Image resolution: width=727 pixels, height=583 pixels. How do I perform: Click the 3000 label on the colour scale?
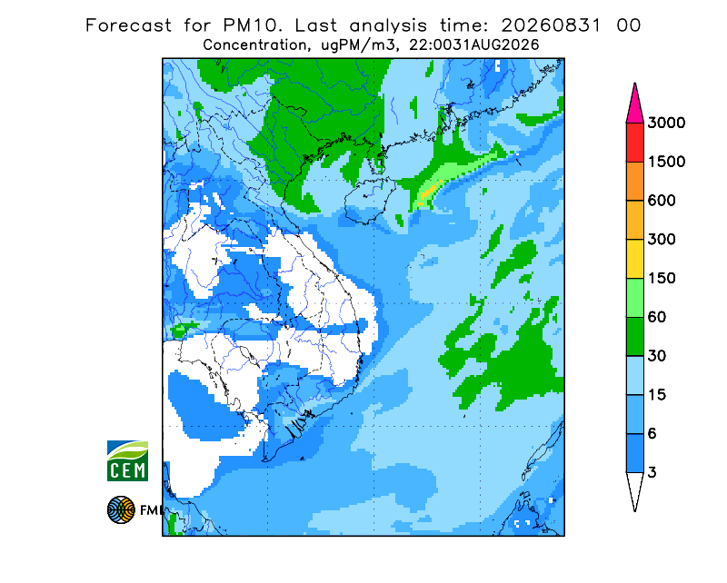(666, 123)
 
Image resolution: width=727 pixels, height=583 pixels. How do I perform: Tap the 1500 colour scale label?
(666, 162)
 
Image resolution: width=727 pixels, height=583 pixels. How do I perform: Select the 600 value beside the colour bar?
(662, 201)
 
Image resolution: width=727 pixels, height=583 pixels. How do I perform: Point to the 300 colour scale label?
(662, 240)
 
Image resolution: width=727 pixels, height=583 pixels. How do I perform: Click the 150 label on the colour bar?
(662, 279)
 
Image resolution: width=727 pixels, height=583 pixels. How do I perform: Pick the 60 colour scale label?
(657, 318)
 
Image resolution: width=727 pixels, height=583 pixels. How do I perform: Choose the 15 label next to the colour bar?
(657, 395)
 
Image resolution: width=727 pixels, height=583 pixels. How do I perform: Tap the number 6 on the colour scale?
(652, 434)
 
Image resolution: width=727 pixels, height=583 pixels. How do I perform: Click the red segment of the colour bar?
(634, 143)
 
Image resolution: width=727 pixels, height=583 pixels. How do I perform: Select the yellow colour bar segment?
(634, 259)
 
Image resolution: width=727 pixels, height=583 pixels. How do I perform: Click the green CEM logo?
(127, 460)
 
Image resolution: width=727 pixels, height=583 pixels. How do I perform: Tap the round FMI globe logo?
(121, 509)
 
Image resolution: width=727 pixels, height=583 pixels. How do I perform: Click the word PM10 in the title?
(253, 25)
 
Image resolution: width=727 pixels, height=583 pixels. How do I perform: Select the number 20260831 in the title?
(552, 25)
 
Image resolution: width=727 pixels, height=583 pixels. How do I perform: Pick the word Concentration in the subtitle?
(255, 45)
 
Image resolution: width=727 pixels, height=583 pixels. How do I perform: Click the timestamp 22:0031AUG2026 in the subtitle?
(473, 45)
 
